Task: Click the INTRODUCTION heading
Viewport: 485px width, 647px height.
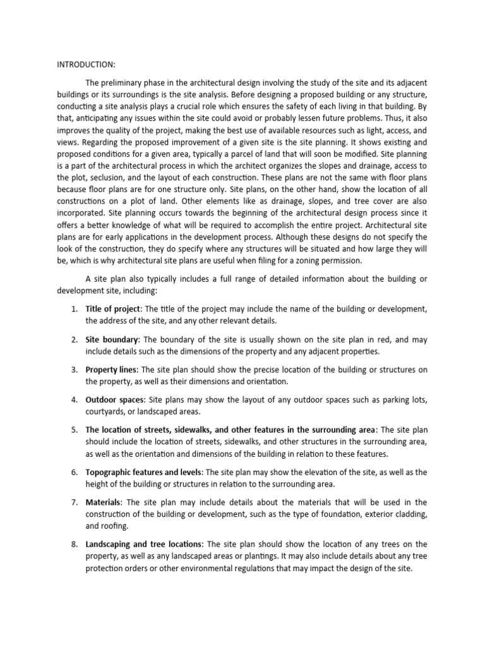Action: click(x=85, y=64)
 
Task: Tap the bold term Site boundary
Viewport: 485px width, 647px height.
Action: click(x=112, y=339)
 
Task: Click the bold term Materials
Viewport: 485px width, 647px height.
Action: click(x=104, y=502)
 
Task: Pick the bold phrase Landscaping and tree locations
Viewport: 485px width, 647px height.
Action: click(x=144, y=544)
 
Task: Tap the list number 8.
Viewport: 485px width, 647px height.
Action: click(x=74, y=544)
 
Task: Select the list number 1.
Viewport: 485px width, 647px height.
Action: click(x=74, y=308)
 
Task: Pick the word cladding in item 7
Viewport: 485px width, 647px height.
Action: click(x=410, y=514)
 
